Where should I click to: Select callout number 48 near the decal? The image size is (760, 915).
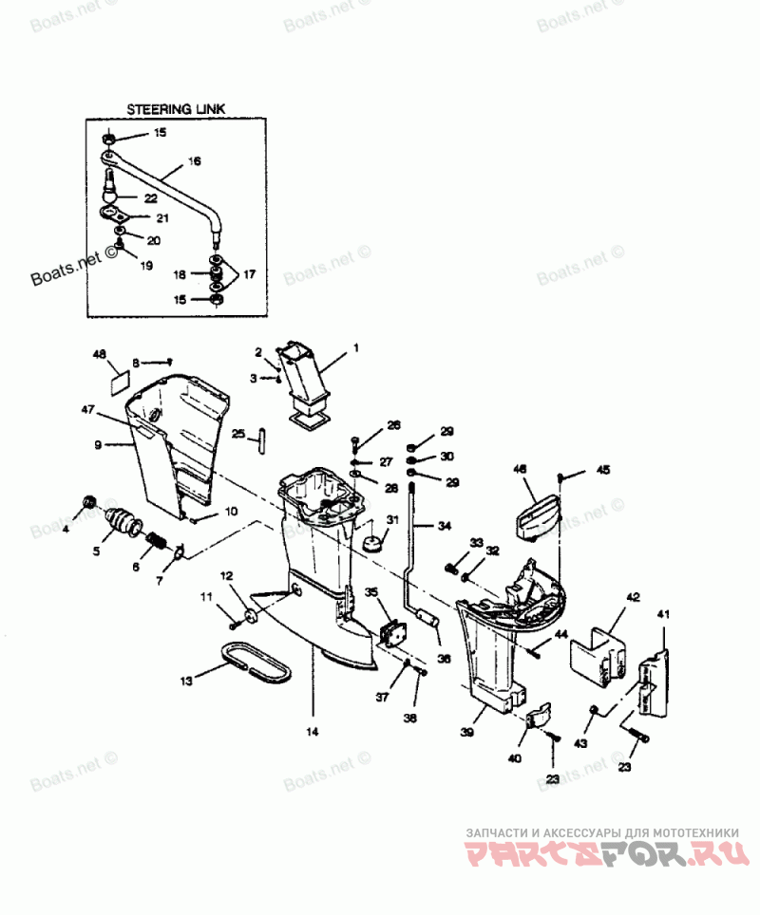[99, 356]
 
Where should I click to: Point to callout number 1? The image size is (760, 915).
[356, 348]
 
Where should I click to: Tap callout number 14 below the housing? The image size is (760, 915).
[313, 731]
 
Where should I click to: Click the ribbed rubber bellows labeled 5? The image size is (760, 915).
[122, 521]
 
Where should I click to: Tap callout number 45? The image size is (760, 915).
[603, 470]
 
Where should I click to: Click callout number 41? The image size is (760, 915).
[664, 616]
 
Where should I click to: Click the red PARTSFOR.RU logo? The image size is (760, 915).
[602, 854]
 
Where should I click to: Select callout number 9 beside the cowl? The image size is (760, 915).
[98, 443]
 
